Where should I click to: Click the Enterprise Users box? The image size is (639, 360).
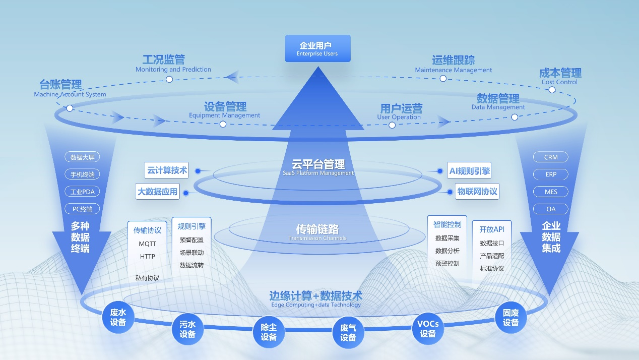[x=317, y=48]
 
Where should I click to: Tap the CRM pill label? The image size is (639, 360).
[x=551, y=157]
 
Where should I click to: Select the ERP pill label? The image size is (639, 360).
[x=551, y=174]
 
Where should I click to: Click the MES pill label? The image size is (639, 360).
[x=551, y=192]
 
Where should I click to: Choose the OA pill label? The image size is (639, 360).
[x=551, y=209]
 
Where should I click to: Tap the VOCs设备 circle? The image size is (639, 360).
[x=428, y=329]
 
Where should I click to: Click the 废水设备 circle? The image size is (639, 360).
[x=118, y=317]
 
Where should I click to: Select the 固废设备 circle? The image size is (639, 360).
[x=510, y=318]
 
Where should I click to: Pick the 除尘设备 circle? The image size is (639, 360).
[x=269, y=332]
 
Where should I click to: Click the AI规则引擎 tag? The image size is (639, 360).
[x=469, y=171]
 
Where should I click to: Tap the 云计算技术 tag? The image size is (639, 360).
[x=167, y=170]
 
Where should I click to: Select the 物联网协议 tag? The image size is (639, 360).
[x=477, y=192]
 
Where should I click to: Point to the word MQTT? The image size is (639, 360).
[x=148, y=244]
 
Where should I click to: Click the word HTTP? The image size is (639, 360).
[x=148, y=256]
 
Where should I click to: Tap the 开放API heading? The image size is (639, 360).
[x=492, y=229]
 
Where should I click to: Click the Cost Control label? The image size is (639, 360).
[x=559, y=82]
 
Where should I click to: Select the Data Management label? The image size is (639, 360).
[x=498, y=107]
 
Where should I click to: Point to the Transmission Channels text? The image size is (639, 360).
[x=317, y=238]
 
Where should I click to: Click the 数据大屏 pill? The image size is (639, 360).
[x=83, y=157]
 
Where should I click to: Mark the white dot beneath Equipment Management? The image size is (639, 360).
[x=223, y=124]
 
